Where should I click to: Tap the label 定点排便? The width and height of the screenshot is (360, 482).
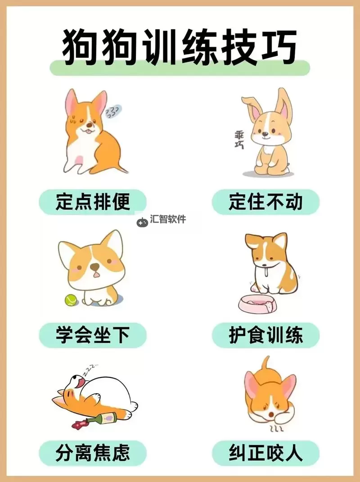pos(93,202)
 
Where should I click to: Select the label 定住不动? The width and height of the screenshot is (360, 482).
pos(265,202)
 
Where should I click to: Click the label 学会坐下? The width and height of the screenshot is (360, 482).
pos(93,335)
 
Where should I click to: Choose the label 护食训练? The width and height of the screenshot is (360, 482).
pos(265,335)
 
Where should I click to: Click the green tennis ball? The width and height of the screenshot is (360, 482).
pos(71,300)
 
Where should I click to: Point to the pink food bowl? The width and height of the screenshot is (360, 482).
pos(258,305)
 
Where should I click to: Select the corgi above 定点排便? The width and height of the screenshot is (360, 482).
pos(92,133)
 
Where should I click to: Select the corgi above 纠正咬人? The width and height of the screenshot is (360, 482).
pos(269,396)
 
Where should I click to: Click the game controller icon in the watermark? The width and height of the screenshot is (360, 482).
pos(142,221)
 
